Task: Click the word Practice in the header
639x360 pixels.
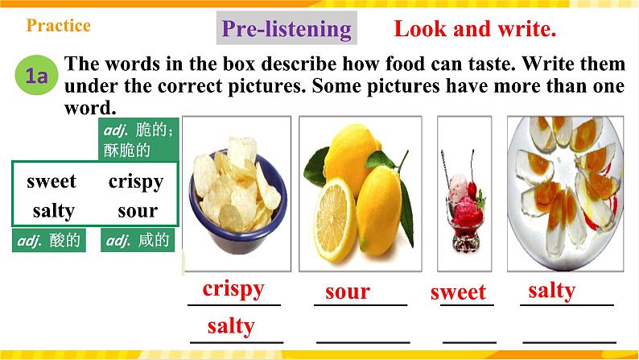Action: click(59, 26)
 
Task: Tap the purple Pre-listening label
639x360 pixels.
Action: click(287, 30)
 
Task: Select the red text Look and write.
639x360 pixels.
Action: click(475, 30)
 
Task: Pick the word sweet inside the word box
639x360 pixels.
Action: click(52, 181)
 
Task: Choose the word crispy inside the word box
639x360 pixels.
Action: click(135, 181)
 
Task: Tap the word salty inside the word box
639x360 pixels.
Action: click(54, 211)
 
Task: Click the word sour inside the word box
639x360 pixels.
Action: click(136, 211)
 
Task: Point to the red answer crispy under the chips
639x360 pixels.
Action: click(233, 289)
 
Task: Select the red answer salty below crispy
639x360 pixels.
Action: click(231, 326)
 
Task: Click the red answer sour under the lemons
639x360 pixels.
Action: click(348, 292)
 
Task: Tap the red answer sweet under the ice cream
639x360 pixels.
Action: click(458, 292)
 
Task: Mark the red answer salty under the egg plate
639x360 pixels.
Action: click(551, 290)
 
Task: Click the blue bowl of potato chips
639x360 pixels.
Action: click(233, 197)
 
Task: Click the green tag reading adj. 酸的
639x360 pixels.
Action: click(49, 241)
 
